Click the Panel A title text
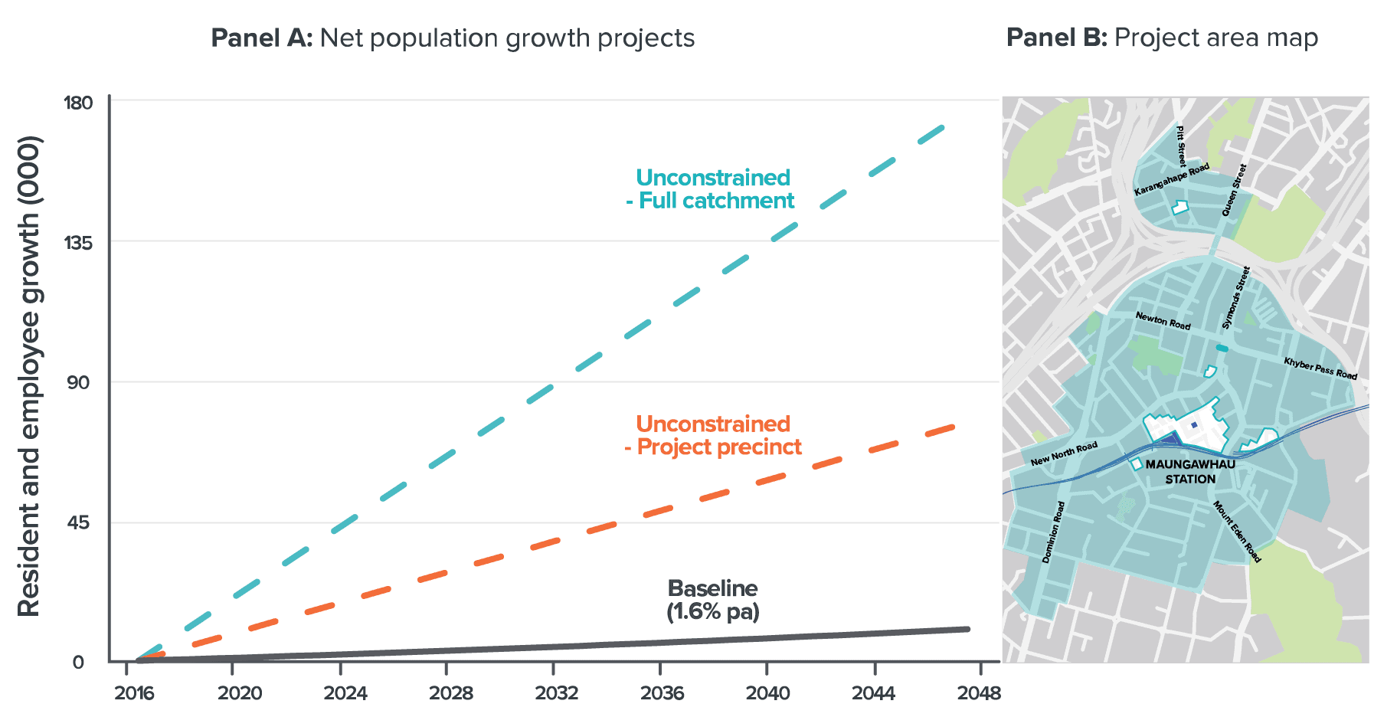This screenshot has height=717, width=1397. pyautogui.click(x=453, y=38)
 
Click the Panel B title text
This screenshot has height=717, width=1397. pyautogui.click(x=1162, y=38)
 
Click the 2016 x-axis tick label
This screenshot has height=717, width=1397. pyautogui.click(x=134, y=694)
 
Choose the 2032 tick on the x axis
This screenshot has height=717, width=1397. pyautogui.click(x=556, y=694)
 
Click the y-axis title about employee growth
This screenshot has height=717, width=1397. pyautogui.click(x=29, y=376)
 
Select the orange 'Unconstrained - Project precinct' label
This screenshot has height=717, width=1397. pyautogui.click(x=713, y=436)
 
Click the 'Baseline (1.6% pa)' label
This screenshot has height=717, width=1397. pyautogui.click(x=713, y=600)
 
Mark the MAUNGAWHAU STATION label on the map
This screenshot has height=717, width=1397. pyautogui.click(x=1190, y=472)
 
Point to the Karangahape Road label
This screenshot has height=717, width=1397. pyautogui.click(x=1171, y=179)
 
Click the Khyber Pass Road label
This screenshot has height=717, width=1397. pyautogui.click(x=1320, y=368)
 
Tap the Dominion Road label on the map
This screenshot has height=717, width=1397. pyautogui.click(x=1054, y=532)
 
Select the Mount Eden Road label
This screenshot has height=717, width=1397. pyautogui.click(x=1236, y=532)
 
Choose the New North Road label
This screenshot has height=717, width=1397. pyautogui.click(x=1064, y=454)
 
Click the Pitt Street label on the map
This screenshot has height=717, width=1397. pyautogui.click(x=1181, y=146)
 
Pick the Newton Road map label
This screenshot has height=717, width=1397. pyautogui.click(x=1163, y=321)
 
